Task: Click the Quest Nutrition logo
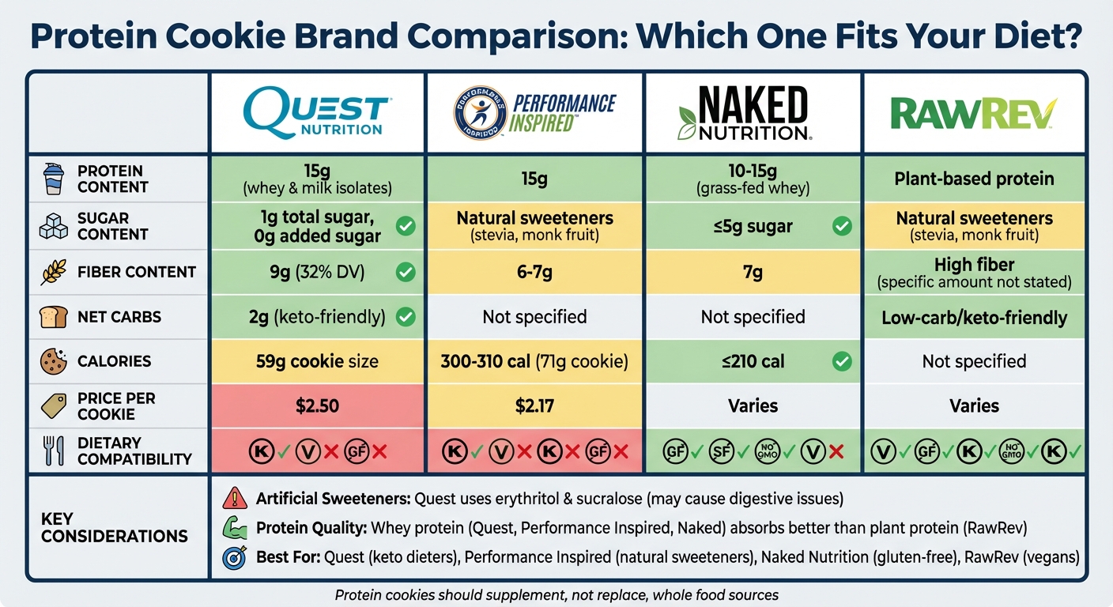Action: tap(316, 112)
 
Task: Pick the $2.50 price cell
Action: tap(317, 405)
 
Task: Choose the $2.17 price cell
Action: tap(534, 405)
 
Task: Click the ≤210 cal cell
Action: tap(753, 361)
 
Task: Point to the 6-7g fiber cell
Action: tap(534, 273)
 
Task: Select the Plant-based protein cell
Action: tap(974, 179)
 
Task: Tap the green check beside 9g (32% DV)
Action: tap(405, 273)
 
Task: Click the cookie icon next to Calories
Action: tap(53, 361)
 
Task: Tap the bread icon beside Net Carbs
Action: tap(52, 317)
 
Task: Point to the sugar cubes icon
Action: tap(53, 226)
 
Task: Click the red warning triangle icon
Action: tap(236, 498)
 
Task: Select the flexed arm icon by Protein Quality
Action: tap(236, 527)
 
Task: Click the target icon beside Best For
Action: tap(236, 556)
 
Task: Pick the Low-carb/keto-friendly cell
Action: tap(974, 318)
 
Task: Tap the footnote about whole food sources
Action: tap(556, 594)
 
